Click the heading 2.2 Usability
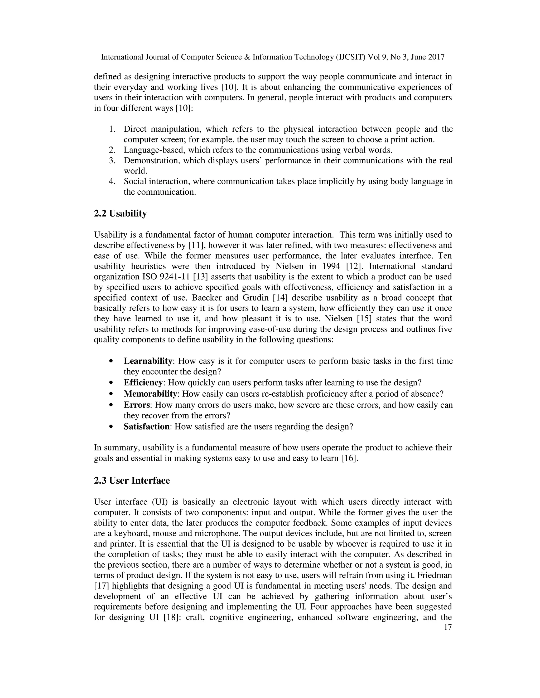120,214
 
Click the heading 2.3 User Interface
132,481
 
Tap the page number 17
448,627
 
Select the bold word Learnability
148,361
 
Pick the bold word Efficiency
143,382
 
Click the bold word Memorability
150,394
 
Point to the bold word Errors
137,405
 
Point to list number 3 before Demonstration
112,160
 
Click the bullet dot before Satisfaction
111,427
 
